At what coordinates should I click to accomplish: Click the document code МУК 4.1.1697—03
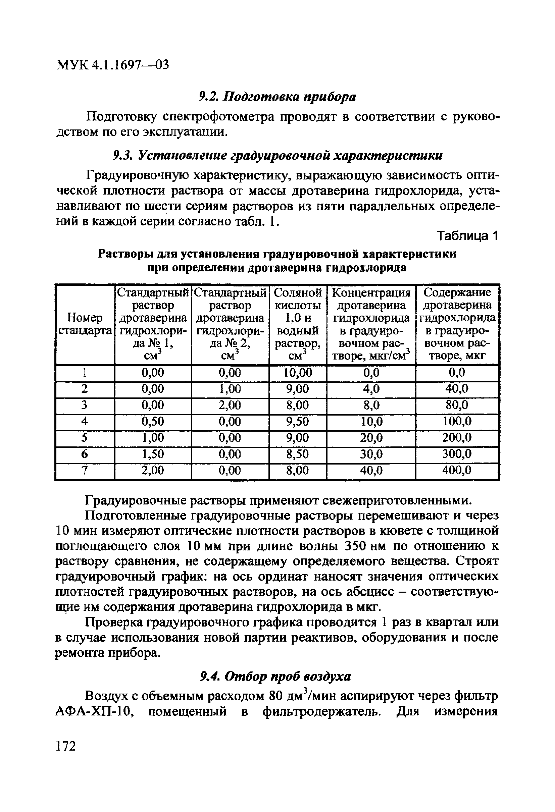click(x=112, y=65)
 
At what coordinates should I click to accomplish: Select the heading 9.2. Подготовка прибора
click(x=277, y=97)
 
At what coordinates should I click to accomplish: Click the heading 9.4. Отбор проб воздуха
click(x=275, y=676)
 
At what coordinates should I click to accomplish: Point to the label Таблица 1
click(x=467, y=236)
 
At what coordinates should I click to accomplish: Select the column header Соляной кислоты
click(x=297, y=299)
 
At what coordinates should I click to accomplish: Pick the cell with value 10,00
click(x=297, y=373)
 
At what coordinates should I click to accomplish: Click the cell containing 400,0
click(x=457, y=470)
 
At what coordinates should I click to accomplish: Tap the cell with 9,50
click(x=297, y=422)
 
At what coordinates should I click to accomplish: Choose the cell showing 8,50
click(x=297, y=454)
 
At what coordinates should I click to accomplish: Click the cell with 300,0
click(x=457, y=454)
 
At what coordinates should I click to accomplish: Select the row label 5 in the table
click(x=84, y=438)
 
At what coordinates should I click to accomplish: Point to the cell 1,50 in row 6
click(x=153, y=454)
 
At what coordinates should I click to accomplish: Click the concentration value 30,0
click(x=371, y=454)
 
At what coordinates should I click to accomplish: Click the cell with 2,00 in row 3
click(x=230, y=405)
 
